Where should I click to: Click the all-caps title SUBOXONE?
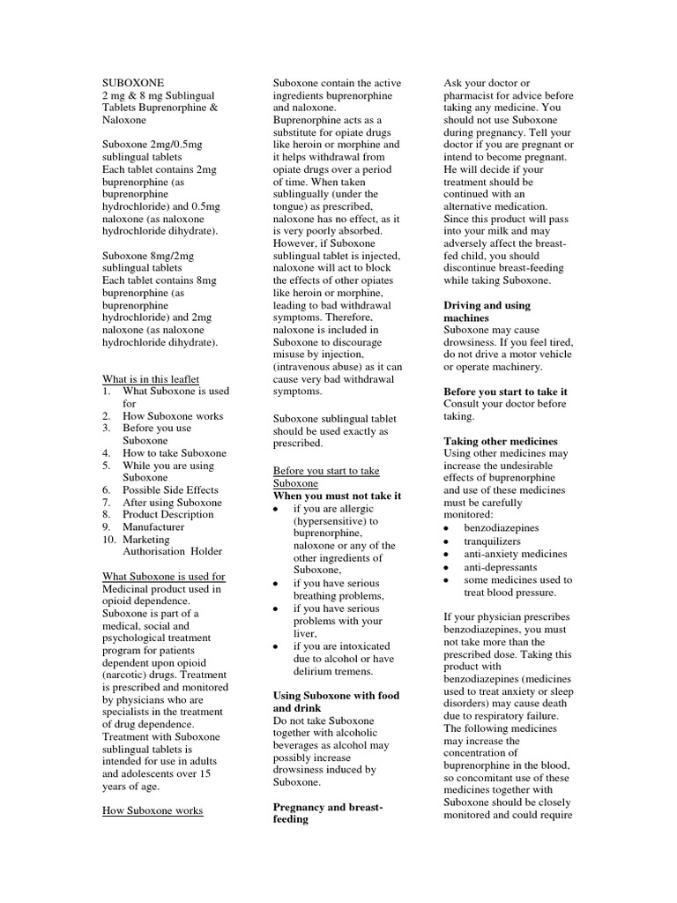[132, 82]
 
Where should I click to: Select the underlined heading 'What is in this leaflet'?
[152, 378]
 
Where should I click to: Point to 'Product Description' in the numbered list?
[167, 514]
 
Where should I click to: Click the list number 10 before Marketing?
[108, 539]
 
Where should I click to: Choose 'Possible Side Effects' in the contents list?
[170, 489]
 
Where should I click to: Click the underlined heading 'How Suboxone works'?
[153, 810]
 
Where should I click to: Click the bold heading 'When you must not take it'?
[337, 496]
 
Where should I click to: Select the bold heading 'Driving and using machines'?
[487, 311]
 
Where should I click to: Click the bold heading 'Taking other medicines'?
[500, 441]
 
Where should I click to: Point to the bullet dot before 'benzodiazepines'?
[447, 528]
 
